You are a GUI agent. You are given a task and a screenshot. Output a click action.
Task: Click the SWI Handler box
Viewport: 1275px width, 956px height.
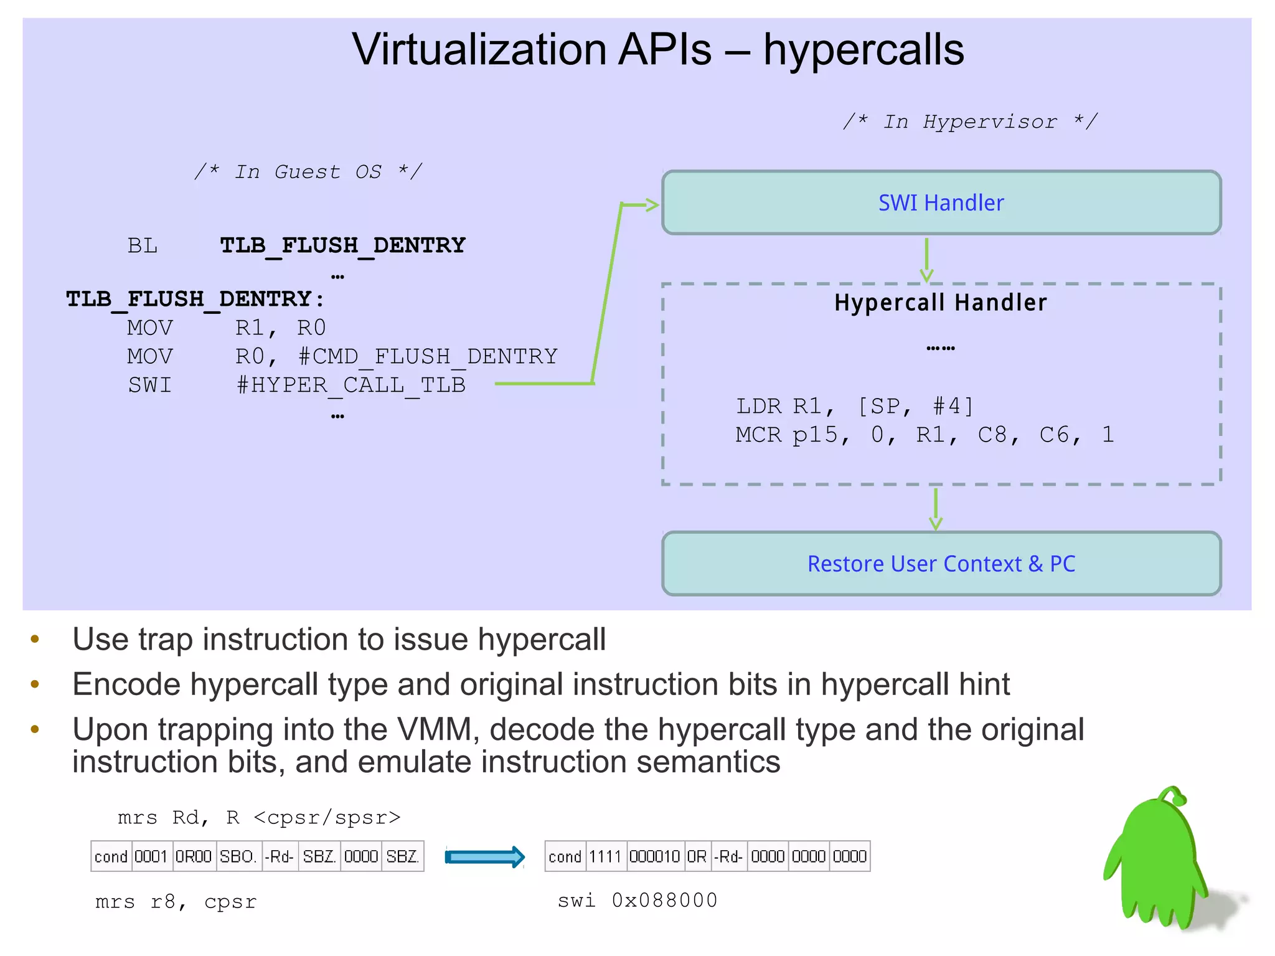[941, 203]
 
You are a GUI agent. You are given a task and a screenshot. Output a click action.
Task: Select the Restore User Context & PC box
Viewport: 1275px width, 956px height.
[941, 564]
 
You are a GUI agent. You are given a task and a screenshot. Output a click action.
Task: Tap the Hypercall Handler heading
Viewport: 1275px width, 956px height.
[940, 303]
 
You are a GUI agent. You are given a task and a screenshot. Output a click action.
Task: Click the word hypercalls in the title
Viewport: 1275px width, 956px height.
[863, 50]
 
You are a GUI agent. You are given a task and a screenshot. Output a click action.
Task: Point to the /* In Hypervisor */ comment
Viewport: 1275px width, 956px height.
[970, 121]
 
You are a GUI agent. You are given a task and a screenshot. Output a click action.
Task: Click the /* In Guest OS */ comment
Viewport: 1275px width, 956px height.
[308, 171]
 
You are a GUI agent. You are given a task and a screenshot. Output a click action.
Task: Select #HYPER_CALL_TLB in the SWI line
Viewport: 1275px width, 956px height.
[351, 385]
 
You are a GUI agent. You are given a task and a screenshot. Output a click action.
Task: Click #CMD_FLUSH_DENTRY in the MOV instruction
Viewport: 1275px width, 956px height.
[428, 356]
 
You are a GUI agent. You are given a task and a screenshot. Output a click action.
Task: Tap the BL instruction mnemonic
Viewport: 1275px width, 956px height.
[143, 245]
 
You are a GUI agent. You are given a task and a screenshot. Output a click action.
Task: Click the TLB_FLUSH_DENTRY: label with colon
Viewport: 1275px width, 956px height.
[195, 299]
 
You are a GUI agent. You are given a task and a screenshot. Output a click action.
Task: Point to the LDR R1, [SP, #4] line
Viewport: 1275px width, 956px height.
[854, 406]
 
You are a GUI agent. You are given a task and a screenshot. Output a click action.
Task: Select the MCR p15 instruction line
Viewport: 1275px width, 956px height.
[924, 435]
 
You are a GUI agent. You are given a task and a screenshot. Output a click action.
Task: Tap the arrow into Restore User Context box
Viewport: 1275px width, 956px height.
[935, 508]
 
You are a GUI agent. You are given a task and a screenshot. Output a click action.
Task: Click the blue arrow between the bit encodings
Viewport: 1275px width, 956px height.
[484, 857]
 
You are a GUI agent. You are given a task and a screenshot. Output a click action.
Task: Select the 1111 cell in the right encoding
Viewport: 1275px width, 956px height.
[605, 857]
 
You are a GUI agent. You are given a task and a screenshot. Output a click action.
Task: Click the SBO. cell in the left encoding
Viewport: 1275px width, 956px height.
[238, 857]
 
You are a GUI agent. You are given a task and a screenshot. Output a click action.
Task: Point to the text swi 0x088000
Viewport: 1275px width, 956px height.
[637, 901]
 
